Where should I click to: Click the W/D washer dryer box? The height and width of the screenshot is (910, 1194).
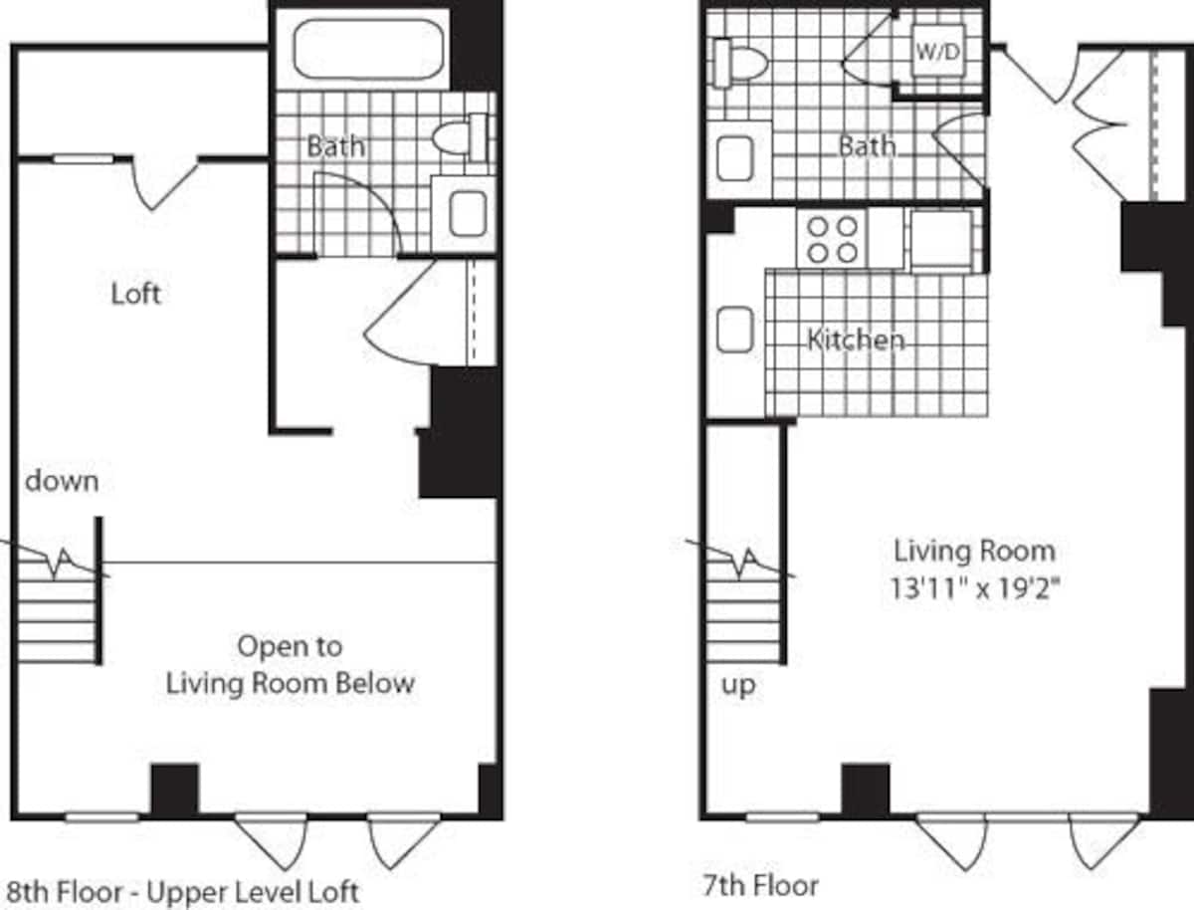(x=938, y=52)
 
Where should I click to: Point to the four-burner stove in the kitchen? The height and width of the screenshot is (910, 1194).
(x=833, y=239)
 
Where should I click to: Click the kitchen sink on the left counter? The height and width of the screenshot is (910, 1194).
(x=734, y=331)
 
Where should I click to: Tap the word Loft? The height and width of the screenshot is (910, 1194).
(x=135, y=295)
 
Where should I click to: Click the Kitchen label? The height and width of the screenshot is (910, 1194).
(x=856, y=340)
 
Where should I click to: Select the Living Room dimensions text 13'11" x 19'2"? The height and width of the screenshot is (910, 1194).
(x=974, y=587)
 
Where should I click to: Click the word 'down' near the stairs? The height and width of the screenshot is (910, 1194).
(x=62, y=482)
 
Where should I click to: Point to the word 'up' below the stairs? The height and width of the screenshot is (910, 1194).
(x=738, y=686)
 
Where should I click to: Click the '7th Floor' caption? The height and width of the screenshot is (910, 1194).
(x=760, y=884)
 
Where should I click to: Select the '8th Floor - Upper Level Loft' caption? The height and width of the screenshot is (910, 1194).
(x=183, y=889)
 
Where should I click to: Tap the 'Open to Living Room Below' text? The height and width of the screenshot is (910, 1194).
(x=290, y=665)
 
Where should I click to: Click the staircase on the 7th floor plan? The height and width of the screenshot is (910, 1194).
(x=743, y=607)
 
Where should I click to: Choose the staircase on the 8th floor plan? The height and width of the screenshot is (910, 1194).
(x=57, y=607)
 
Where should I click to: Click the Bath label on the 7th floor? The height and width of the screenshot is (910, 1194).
(x=866, y=146)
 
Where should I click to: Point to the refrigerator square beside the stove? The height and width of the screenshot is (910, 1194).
(x=940, y=239)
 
